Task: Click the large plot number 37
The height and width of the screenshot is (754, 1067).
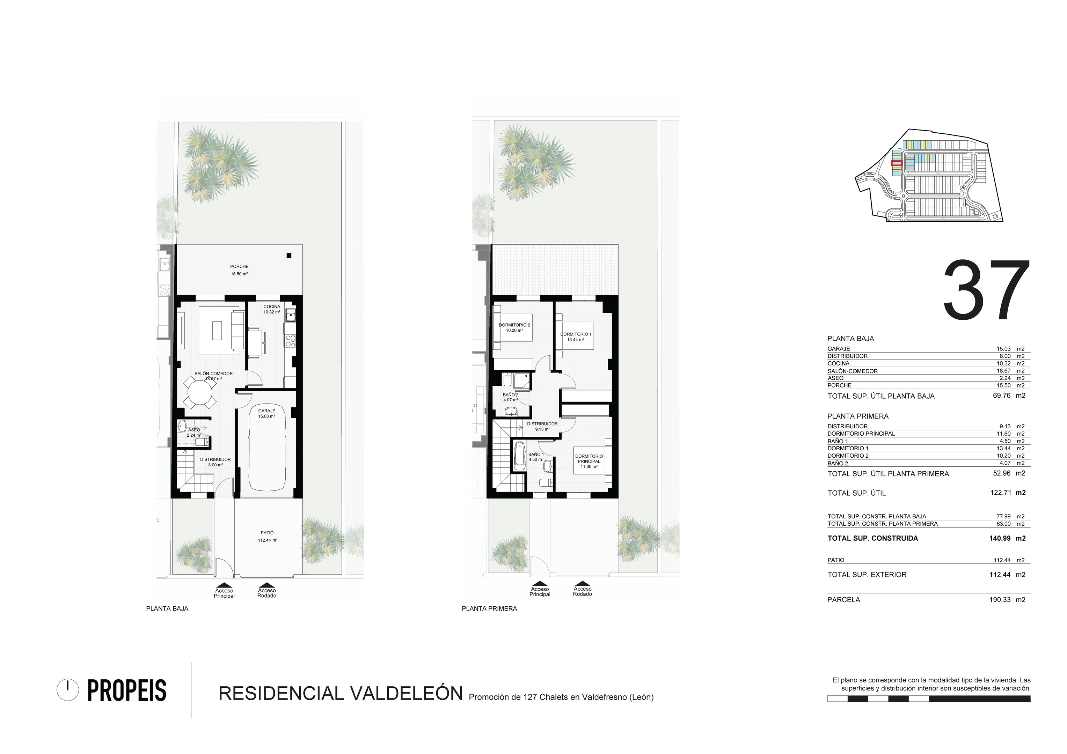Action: [987, 290]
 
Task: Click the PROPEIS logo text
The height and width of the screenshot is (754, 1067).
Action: [127, 690]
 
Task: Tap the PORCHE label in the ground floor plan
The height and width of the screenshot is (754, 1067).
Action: [239, 267]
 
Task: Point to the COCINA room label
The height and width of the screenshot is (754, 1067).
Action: [272, 306]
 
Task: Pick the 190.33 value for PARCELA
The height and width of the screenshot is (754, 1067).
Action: [1000, 600]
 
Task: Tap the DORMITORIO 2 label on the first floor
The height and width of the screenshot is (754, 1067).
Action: [514, 325]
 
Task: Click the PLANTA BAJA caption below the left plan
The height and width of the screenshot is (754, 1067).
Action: [167, 608]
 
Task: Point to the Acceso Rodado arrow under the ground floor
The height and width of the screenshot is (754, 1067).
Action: [267, 585]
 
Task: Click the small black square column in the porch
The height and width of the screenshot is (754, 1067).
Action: [289, 256]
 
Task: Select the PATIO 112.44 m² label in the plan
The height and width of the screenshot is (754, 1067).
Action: [267, 537]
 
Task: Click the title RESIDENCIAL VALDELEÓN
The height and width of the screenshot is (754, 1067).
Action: [341, 694]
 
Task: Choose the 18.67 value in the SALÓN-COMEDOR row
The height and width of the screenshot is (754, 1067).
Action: [1004, 371]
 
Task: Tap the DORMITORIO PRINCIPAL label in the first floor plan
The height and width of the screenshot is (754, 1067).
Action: [589, 459]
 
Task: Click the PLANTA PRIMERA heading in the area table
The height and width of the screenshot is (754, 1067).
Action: [858, 416]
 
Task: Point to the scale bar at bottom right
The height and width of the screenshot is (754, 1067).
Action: [928, 712]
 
